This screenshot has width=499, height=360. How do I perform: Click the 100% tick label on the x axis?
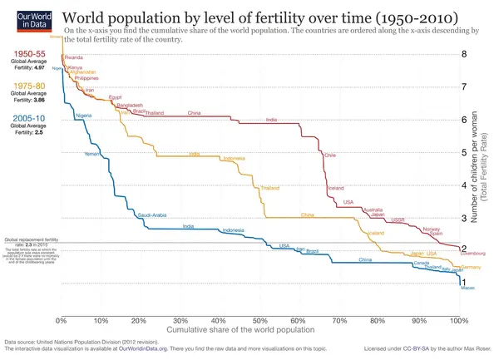click(458, 320)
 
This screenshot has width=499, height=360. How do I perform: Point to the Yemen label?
click(91, 155)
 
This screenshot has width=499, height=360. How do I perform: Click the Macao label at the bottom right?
click(467, 288)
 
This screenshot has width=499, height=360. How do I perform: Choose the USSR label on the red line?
click(398, 219)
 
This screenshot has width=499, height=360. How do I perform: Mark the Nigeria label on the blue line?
click(83, 115)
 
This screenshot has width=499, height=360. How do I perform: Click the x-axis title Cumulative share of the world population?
click(259, 330)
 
